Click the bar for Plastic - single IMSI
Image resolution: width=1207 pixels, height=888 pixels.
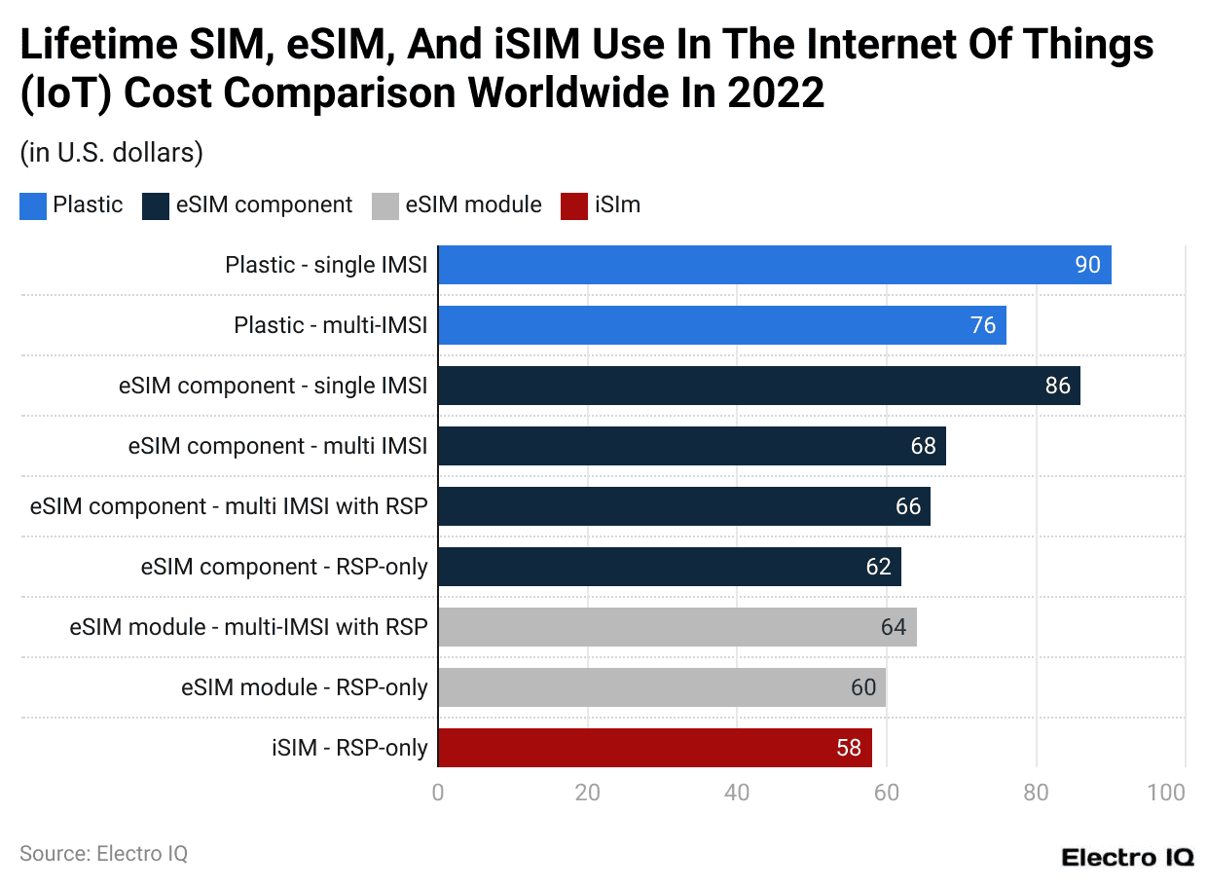pos(774,265)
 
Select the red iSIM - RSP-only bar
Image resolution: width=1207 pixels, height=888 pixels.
pos(654,748)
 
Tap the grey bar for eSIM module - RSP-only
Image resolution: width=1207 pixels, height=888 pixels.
pos(662,687)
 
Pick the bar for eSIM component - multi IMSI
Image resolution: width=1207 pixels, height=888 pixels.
pos(691,446)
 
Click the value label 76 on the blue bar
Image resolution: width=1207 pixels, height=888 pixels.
pos(983,325)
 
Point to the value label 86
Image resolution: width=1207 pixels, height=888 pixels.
pos(1057,386)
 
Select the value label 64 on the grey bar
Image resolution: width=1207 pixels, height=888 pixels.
pos(893,627)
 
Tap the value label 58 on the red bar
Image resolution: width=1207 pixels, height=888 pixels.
pos(848,748)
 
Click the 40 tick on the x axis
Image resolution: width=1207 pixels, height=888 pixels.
pos(737,793)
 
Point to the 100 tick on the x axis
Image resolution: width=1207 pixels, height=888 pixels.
pos(1166,793)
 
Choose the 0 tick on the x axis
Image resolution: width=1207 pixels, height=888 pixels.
pos(438,793)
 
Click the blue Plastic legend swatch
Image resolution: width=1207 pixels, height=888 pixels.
pos(33,205)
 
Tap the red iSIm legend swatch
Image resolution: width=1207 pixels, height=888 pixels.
pos(574,205)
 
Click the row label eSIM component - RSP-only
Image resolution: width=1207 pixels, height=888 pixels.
pos(284,567)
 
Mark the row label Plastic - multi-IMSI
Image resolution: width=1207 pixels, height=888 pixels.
pos(330,325)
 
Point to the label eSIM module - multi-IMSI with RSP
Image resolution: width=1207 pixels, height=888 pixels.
pos(248,627)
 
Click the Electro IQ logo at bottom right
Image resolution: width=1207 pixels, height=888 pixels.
pos(1126,857)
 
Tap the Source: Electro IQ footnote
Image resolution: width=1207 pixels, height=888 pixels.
pos(103,854)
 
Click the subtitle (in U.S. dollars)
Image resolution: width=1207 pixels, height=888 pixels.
pos(111,153)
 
